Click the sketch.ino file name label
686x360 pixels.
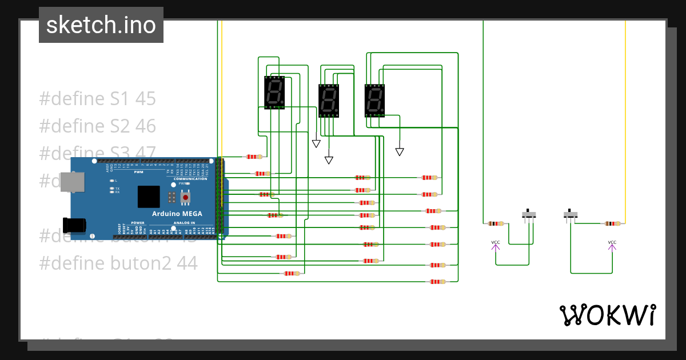pos(101,25)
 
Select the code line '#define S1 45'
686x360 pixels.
pos(97,99)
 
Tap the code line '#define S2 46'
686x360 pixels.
pos(97,126)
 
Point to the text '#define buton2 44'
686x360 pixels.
pos(118,263)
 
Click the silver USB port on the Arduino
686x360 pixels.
pos(72,182)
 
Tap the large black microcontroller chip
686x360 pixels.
pos(149,197)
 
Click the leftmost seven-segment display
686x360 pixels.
pos(274,93)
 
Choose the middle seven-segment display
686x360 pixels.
pos(329,100)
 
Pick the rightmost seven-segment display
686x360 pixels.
pos(375,100)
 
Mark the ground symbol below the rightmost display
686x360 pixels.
pos(400,151)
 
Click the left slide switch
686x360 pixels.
pos(530,215)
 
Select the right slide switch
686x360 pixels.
pos(571,215)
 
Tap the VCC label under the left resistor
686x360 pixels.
pos(496,243)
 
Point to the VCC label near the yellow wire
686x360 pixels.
pos(612,243)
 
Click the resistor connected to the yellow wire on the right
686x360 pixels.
pos(611,223)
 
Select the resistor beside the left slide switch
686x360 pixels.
pos(496,223)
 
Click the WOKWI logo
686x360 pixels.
pos(607,315)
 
